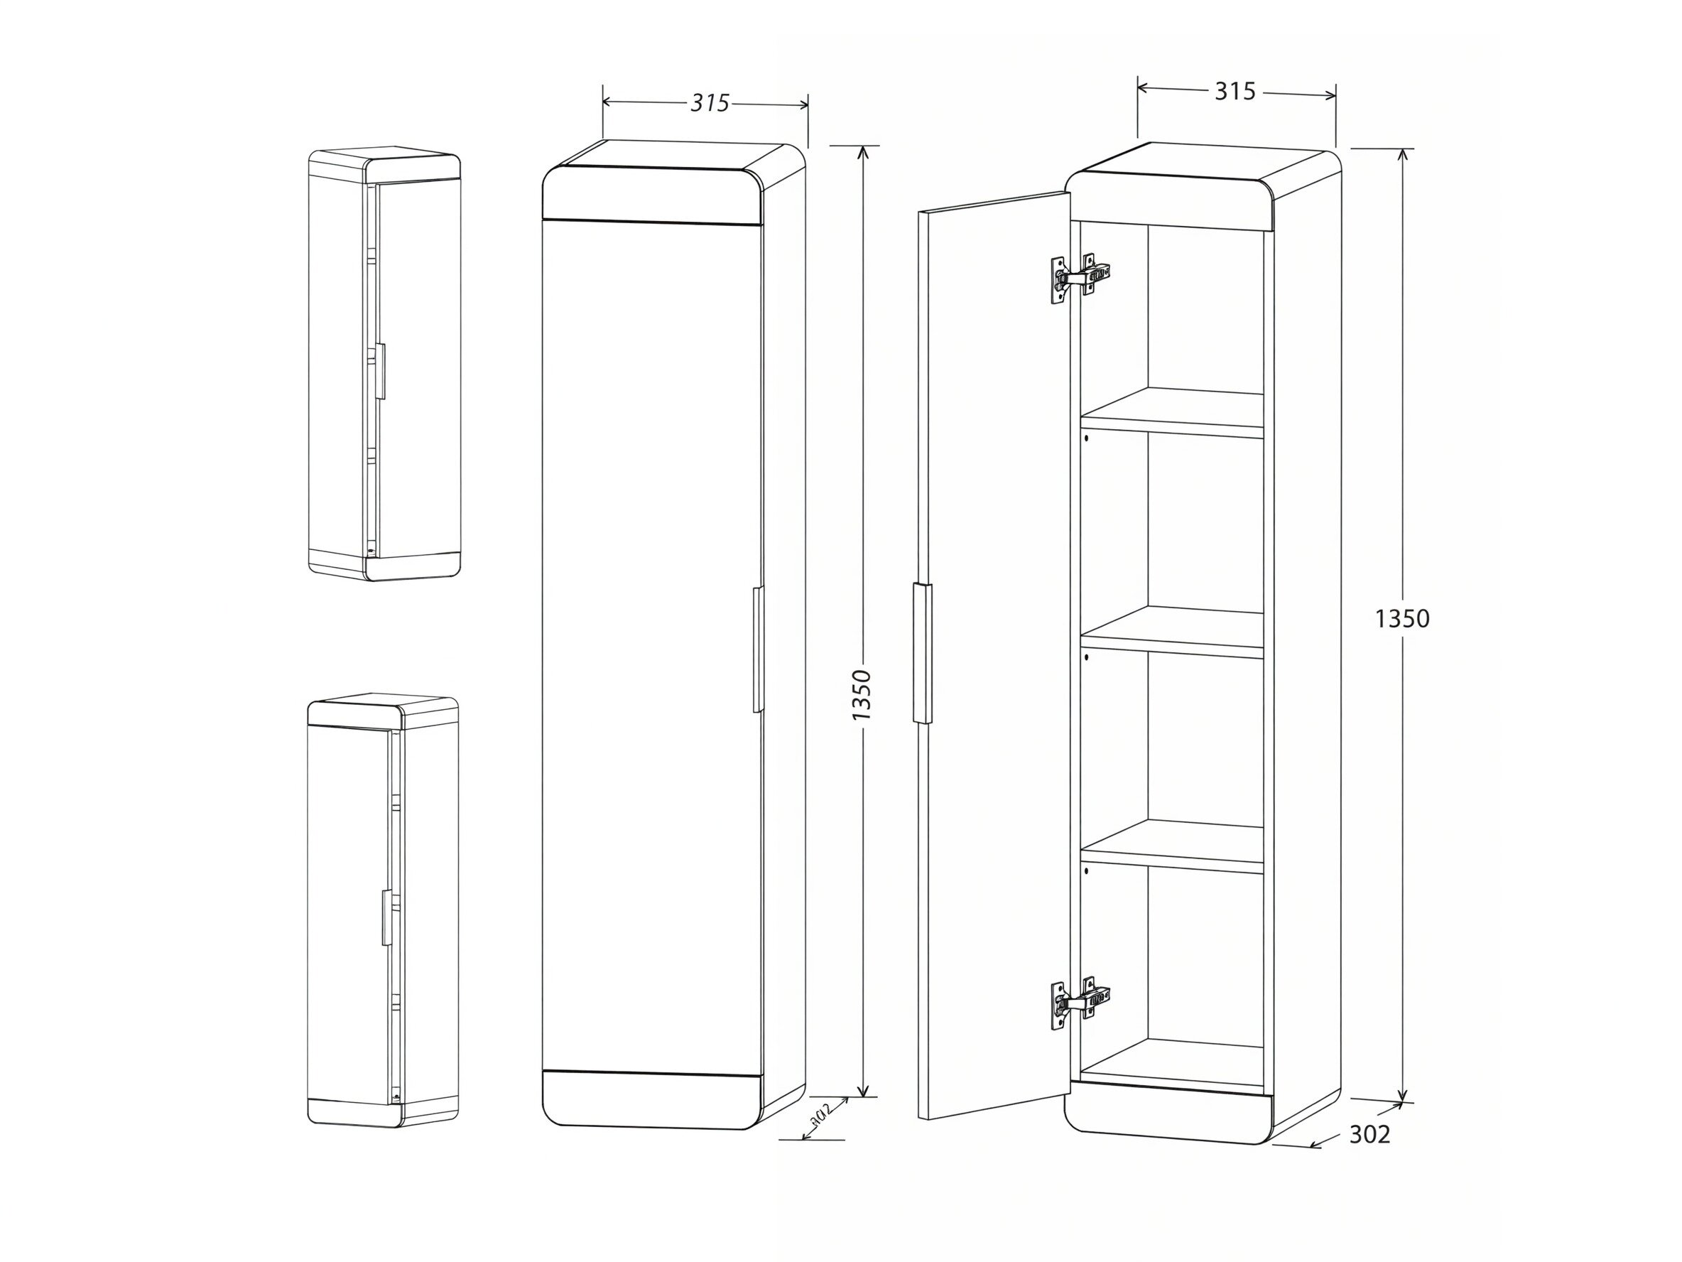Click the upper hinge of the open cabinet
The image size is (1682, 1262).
[x=1080, y=279]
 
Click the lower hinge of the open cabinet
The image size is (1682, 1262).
[x=1080, y=1003]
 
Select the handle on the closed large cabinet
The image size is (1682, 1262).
[x=757, y=649]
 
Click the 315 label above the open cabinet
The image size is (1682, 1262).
[x=1235, y=91]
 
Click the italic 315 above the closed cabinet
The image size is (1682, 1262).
[x=710, y=103]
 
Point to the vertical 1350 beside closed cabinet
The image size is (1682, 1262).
[x=862, y=695]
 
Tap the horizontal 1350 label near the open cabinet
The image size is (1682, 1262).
[x=1402, y=619]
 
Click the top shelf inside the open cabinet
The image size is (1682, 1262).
[x=1172, y=413]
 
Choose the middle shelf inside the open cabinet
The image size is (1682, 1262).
[x=1172, y=632]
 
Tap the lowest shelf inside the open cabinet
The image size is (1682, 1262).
[x=1172, y=846]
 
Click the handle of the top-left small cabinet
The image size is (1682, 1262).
[x=380, y=370]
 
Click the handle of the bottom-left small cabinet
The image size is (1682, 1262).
[x=386, y=917]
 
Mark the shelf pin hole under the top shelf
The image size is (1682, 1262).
[x=1087, y=438]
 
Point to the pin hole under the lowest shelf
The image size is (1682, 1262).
[x=1087, y=870]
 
